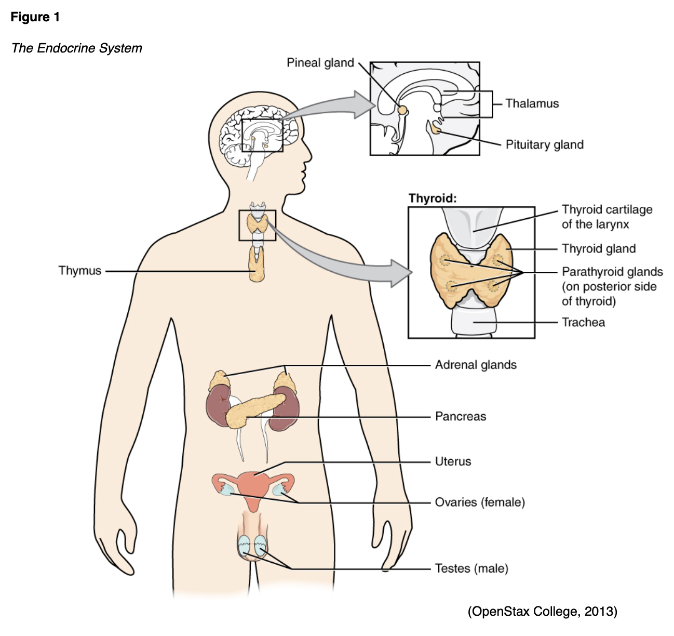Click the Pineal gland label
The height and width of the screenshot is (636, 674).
[320, 63]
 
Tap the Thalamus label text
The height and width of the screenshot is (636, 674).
[532, 103]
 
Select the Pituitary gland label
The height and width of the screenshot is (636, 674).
[544, 144]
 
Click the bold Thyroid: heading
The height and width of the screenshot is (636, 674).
[433, 198]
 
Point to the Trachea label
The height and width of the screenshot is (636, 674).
[583, 322]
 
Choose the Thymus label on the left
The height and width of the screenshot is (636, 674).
[79, 271]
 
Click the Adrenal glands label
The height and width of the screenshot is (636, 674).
[476, 365]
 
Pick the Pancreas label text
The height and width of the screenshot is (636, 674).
[461, 416]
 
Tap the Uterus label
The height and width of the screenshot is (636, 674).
[453, 461]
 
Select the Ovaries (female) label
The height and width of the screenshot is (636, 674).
[480, 502]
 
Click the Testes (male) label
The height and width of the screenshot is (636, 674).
[471, 568]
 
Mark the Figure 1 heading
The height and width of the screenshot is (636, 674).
[35, 17]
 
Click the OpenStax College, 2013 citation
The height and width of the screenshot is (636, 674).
[542, 611]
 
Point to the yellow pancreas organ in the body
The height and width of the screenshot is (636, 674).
[254, 409]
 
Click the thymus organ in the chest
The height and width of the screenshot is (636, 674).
[256, 265]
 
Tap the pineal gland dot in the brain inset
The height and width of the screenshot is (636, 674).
[402, 110]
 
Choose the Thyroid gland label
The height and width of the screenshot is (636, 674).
[598, 248]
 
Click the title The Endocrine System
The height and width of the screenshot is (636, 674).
[77, 48]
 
